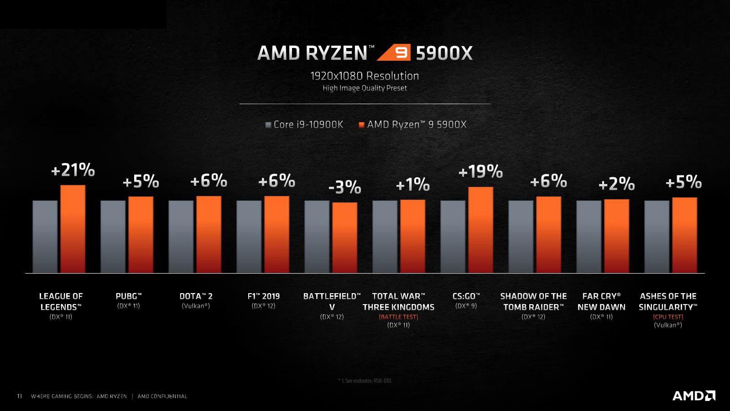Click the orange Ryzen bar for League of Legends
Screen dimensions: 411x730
click(x=73, y=229)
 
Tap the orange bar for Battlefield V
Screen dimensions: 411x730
click(x=344, y=237)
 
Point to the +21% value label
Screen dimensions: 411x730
click(x=73, y=170)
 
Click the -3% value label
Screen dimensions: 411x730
click(x=344, y=187)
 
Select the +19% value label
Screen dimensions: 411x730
click(x=480, y=172)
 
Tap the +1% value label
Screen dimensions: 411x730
click(x=412, y=184)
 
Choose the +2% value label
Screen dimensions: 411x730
click(x=616, y=184)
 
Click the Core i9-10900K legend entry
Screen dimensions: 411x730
click(x=304, y=124)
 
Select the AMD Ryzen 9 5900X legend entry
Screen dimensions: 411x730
click(x=412, y=124)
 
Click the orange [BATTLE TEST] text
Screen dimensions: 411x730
click(x=398, y=316)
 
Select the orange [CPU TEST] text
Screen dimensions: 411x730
click(x=668, y=316)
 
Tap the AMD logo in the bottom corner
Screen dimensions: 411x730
click(x=693, y=395)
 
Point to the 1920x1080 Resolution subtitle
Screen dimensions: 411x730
click(x=365, y=76)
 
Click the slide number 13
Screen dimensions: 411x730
click(x=20, y=396)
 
